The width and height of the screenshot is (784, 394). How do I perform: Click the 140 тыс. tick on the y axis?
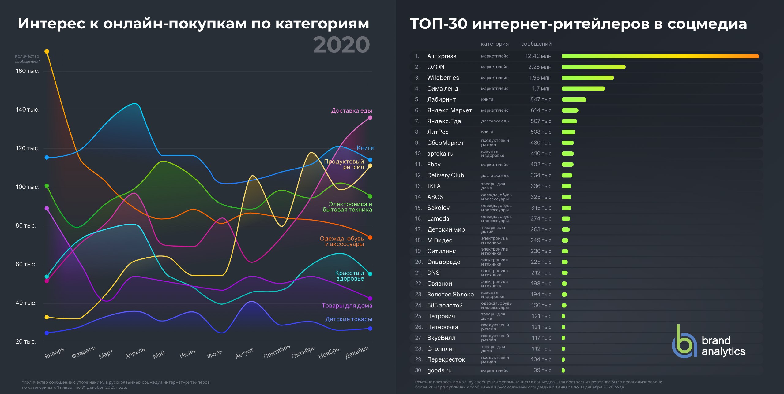click(27, 110)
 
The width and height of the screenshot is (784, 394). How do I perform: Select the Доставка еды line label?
click(351, 110)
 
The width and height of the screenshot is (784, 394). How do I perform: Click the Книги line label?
click(365, 148)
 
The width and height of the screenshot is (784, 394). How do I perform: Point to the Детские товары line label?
click(349, 319)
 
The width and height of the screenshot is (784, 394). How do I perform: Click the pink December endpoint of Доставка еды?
click(370, 118)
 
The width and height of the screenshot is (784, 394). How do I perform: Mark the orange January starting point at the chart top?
click(47, 51)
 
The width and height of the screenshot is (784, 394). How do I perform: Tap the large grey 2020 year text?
click(341, 45)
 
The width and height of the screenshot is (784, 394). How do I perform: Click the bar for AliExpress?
click(660, 56)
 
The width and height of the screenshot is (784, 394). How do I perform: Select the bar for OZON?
click(593, 67)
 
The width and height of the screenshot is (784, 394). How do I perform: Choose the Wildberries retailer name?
click(443, 78)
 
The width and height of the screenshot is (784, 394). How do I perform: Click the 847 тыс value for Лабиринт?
click(541, 99)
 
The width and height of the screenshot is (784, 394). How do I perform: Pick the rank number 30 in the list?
click(418, 370)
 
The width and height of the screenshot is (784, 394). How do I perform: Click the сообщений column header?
click(536, 44)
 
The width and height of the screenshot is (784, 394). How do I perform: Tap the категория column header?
click(495, 44)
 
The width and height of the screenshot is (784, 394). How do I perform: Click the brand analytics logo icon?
click(683, 341)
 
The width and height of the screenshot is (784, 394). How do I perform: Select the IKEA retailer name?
click(434, 186)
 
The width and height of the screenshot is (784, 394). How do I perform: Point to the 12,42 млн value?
click(538, 56)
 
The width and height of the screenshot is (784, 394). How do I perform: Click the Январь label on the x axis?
click(55, 353)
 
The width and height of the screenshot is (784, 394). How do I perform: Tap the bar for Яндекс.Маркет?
click(570, 110)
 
